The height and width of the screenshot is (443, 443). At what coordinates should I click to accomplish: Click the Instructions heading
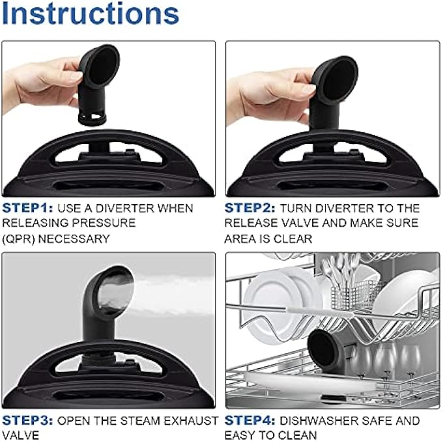tap(90, 14)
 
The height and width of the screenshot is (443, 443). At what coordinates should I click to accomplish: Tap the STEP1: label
tap(27, 208)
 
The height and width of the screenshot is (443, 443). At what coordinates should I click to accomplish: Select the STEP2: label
tap(250, 208)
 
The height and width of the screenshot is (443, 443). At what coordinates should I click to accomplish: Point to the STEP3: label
tap(27, 421)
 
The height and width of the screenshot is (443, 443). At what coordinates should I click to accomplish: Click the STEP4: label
tap(250, 421)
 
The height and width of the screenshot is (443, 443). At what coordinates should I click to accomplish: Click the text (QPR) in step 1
tap(18, 239)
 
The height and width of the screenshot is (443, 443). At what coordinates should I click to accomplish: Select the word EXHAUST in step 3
tap(191, 421)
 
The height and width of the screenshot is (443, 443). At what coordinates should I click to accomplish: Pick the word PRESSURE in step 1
tap(104, 223)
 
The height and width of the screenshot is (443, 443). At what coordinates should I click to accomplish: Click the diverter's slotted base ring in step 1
tap(92, 119)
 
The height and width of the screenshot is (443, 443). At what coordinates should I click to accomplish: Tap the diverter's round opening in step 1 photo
tap(103, 66)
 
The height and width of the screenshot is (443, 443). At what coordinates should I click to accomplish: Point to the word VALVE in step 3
tap(20, 435)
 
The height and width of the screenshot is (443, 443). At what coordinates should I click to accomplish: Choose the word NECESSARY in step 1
tap(74, 239)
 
